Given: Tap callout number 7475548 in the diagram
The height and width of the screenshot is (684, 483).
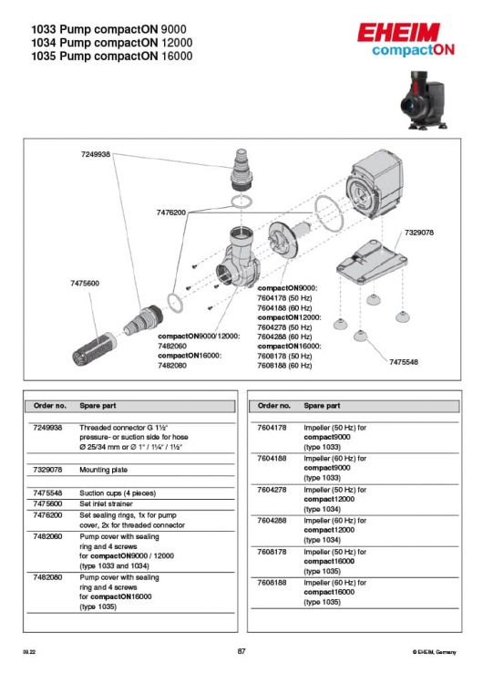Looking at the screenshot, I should click(404, 362).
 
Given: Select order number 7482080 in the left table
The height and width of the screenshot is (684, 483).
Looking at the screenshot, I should click(47, 577).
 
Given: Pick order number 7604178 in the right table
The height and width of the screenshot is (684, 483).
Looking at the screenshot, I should click(272, 427).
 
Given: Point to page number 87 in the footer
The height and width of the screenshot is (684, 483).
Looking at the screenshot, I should click(241, 651).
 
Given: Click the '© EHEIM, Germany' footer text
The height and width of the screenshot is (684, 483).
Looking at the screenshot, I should click(434, 652).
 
